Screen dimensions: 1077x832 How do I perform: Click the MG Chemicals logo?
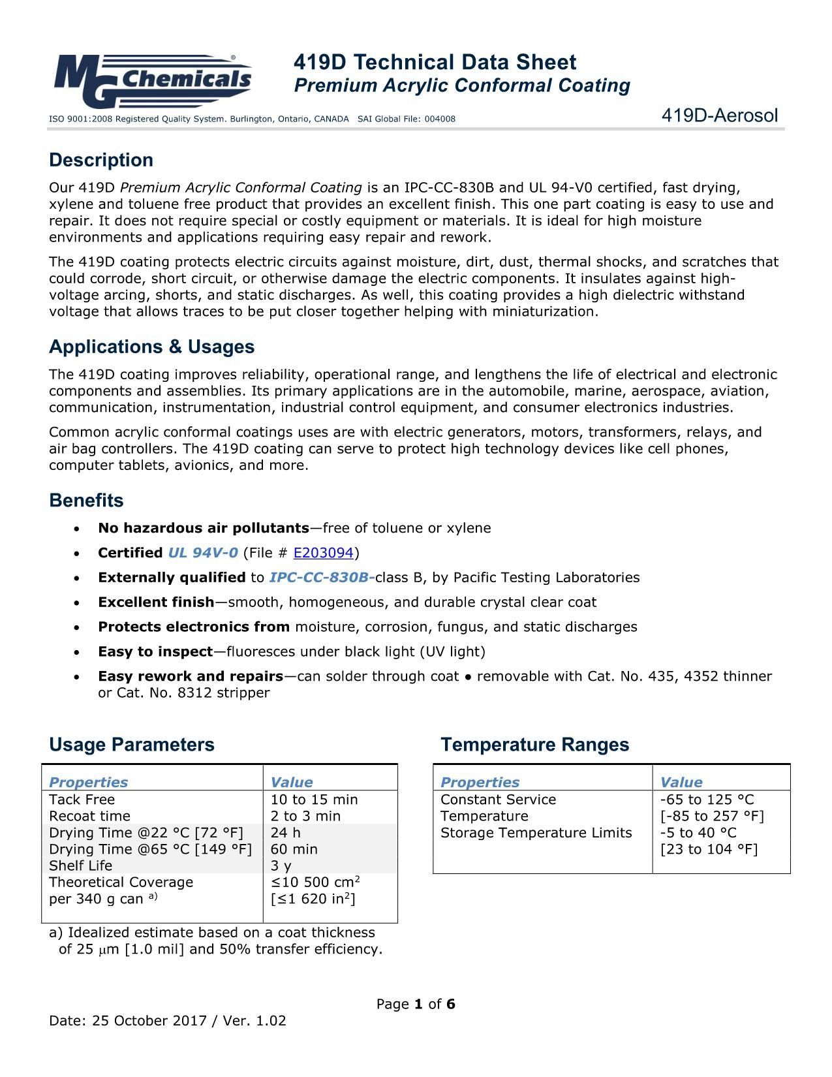152,80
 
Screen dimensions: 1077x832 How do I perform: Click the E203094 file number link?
323,553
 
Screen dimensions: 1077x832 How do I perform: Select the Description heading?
101,160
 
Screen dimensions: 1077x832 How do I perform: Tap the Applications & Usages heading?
151,347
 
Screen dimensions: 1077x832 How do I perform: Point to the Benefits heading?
86,501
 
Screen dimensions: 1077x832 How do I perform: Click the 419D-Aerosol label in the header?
719,116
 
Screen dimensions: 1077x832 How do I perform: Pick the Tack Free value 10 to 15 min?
314,800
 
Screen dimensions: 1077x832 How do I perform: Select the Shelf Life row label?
80,866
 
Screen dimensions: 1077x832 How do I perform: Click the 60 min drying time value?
294,849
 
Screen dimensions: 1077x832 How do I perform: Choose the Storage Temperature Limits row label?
536,833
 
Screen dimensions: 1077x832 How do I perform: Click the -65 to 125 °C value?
707,800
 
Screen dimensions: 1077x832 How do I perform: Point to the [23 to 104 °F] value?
709,849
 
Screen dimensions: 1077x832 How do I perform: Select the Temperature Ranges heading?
534,745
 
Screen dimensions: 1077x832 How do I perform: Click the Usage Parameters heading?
131,745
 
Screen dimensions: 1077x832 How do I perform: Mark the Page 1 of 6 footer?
416,1004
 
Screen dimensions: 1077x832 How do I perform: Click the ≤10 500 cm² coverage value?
315,882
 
